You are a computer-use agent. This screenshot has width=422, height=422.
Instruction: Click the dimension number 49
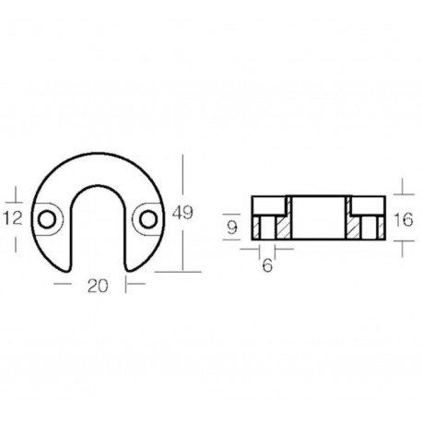tap(182, 214)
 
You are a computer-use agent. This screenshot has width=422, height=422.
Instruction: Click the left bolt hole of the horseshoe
tap(46, 218)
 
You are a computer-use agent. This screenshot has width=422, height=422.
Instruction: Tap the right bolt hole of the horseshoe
tap(146, 218)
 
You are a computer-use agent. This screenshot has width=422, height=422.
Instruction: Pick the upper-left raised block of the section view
tap(270, 203)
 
